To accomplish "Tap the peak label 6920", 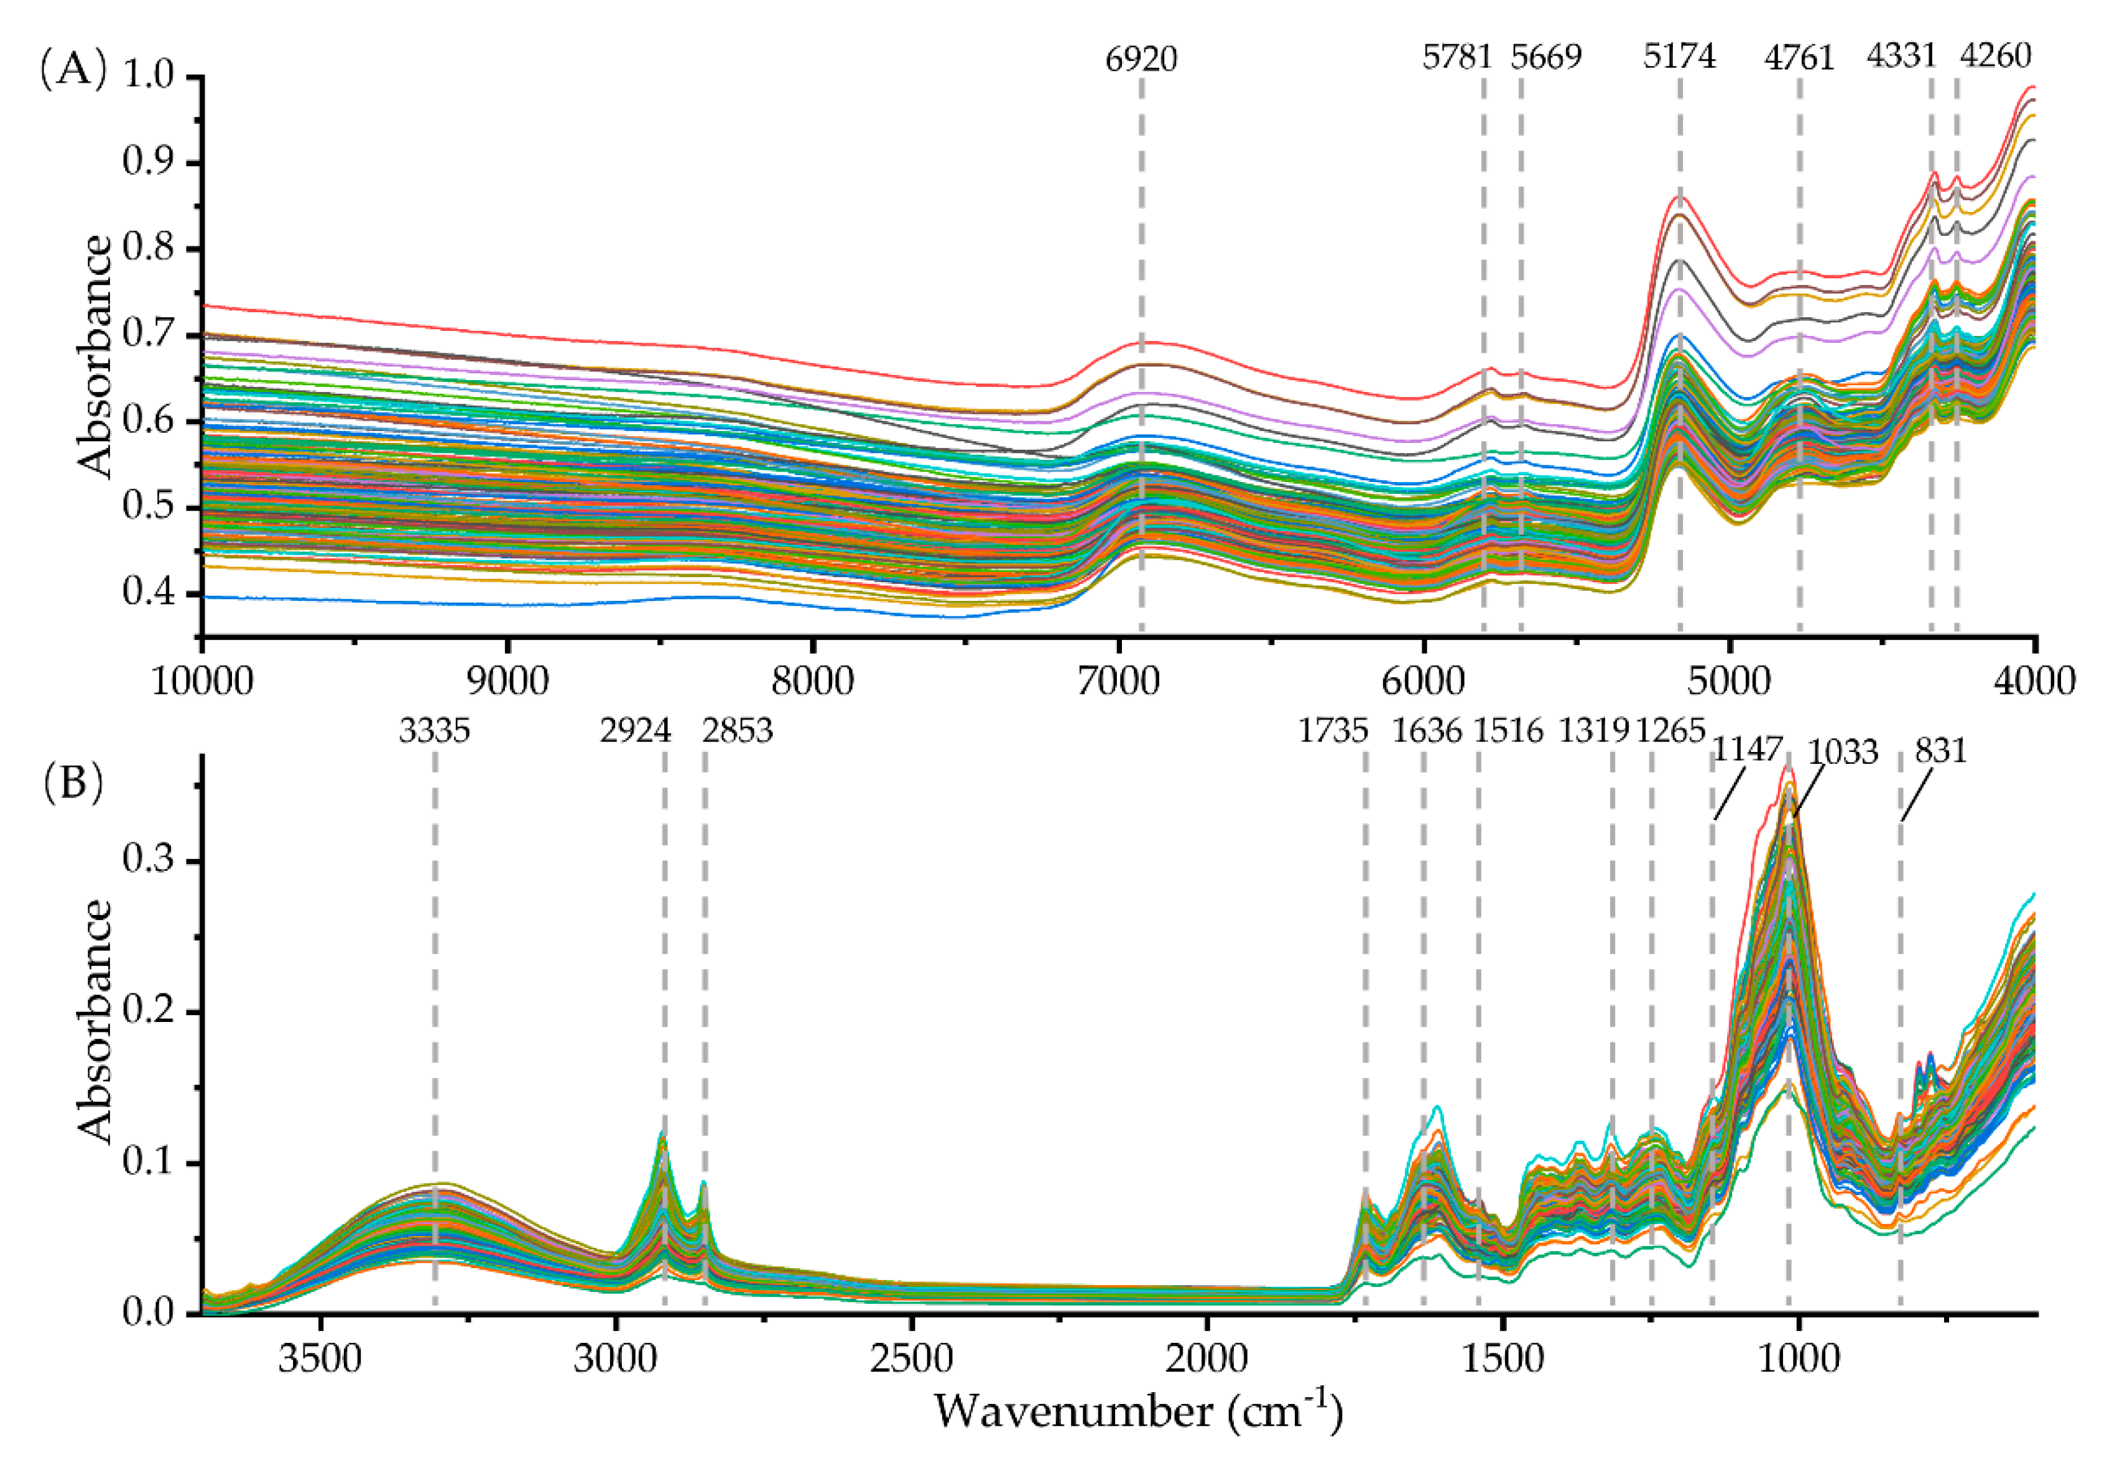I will [1141, 58].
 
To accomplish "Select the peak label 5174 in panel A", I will [1679, 57].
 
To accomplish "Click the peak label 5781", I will [1458, 57].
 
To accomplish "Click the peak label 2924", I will [636, 731].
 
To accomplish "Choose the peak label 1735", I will [1333, 731].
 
